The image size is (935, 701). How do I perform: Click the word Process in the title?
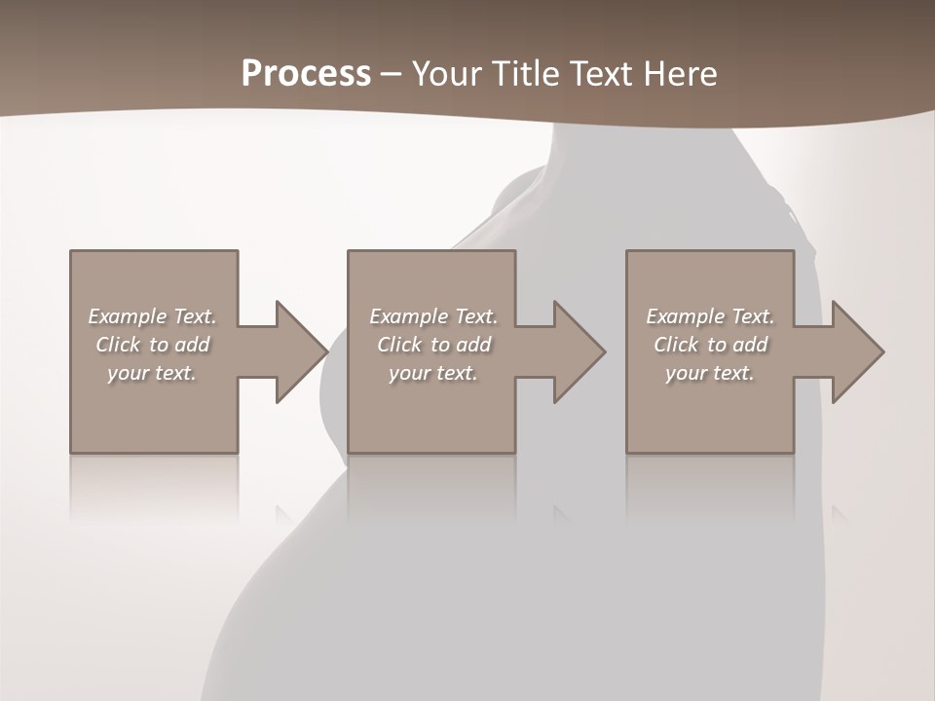[x=306, y=74]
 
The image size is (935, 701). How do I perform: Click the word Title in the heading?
[x=527, y=74]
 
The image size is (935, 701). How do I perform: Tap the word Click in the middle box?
[x=399, y=345]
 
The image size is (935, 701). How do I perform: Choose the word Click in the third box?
[x=676, y=345]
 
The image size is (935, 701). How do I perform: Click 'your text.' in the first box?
[x=152, y=373]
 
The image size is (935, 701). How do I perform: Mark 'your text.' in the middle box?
[x=433, y=373]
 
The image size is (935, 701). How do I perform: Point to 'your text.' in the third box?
[x=710, y=373]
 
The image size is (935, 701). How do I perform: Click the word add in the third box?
[x=751, y=345]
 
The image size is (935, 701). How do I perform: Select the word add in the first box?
[x=193, y=345]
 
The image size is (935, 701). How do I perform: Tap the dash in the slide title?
[x=392, y=74]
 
